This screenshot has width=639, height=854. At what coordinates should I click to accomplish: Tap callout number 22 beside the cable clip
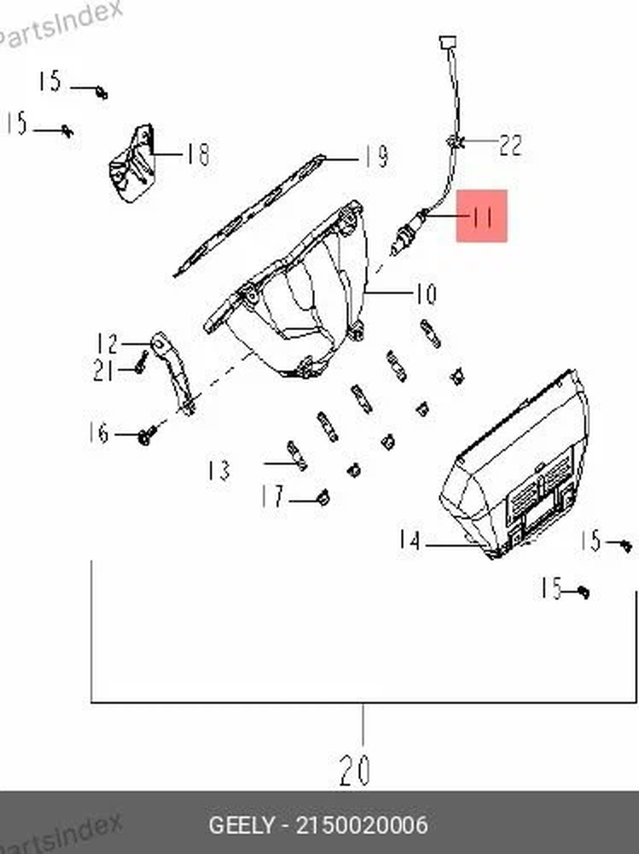510,145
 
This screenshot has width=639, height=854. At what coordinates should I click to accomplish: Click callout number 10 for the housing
425,294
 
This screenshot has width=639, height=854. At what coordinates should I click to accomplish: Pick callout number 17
273,496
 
